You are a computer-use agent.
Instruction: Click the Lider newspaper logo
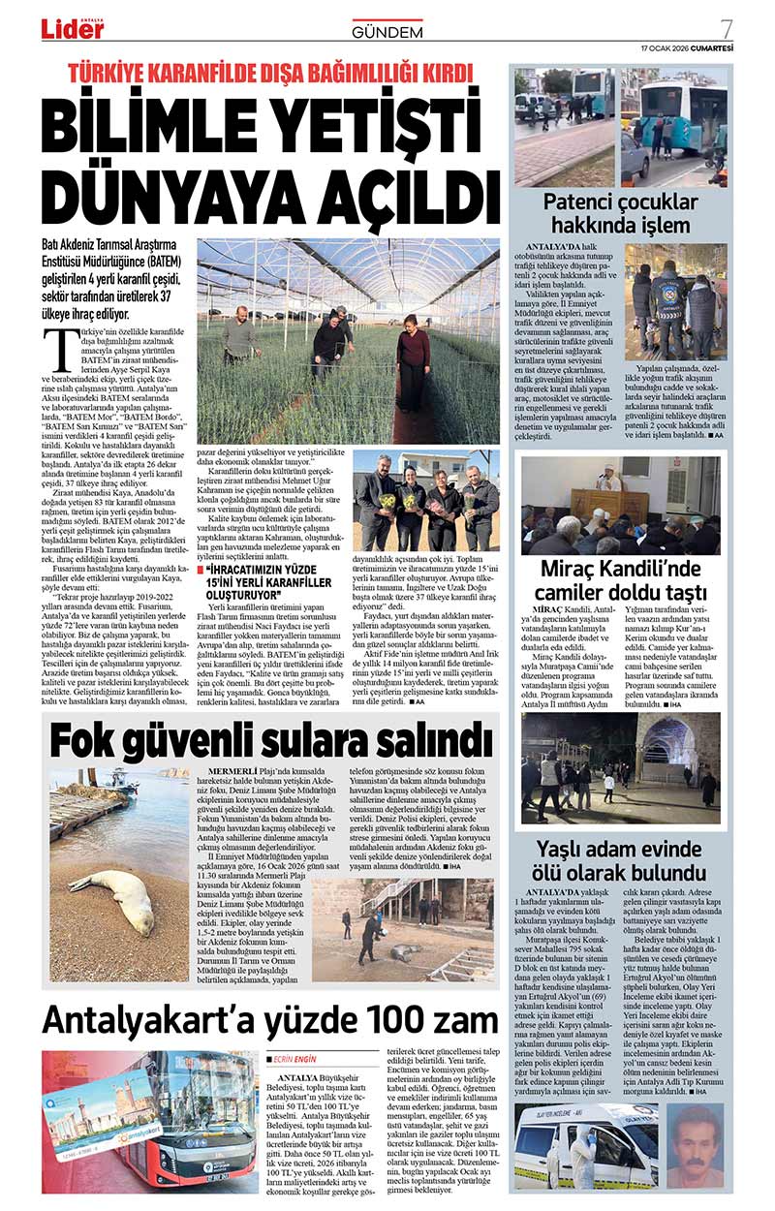(x=72, y=29)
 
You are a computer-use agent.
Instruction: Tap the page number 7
(x=726, y=29)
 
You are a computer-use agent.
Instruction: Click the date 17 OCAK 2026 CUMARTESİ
(x=687, y=48)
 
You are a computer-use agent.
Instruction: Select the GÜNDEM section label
(x=387, y=32)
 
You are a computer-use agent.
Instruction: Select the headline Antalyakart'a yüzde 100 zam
(x=269, y=1021)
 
